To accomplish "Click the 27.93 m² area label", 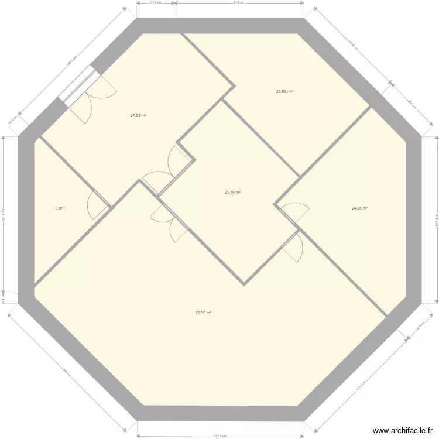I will pyautogui.click(x=138, y=116).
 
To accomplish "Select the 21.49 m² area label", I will pyautogui.click(x=233, y=192).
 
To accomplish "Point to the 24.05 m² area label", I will pyautogui.click(x=359, y=208).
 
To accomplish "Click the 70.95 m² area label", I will pyautogui.click(x=203, y=313).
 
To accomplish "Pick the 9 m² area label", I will pyautogui.click(x=59, y=208).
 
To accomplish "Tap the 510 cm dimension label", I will pyautogui.click(x=239, y=2).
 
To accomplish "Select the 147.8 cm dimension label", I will pyautogui.click(x=155, y=2).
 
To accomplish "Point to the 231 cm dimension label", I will pyautogui.click(x=410, y=105).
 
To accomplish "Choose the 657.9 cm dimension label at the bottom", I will pyautogui.click(x=220, y=437).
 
